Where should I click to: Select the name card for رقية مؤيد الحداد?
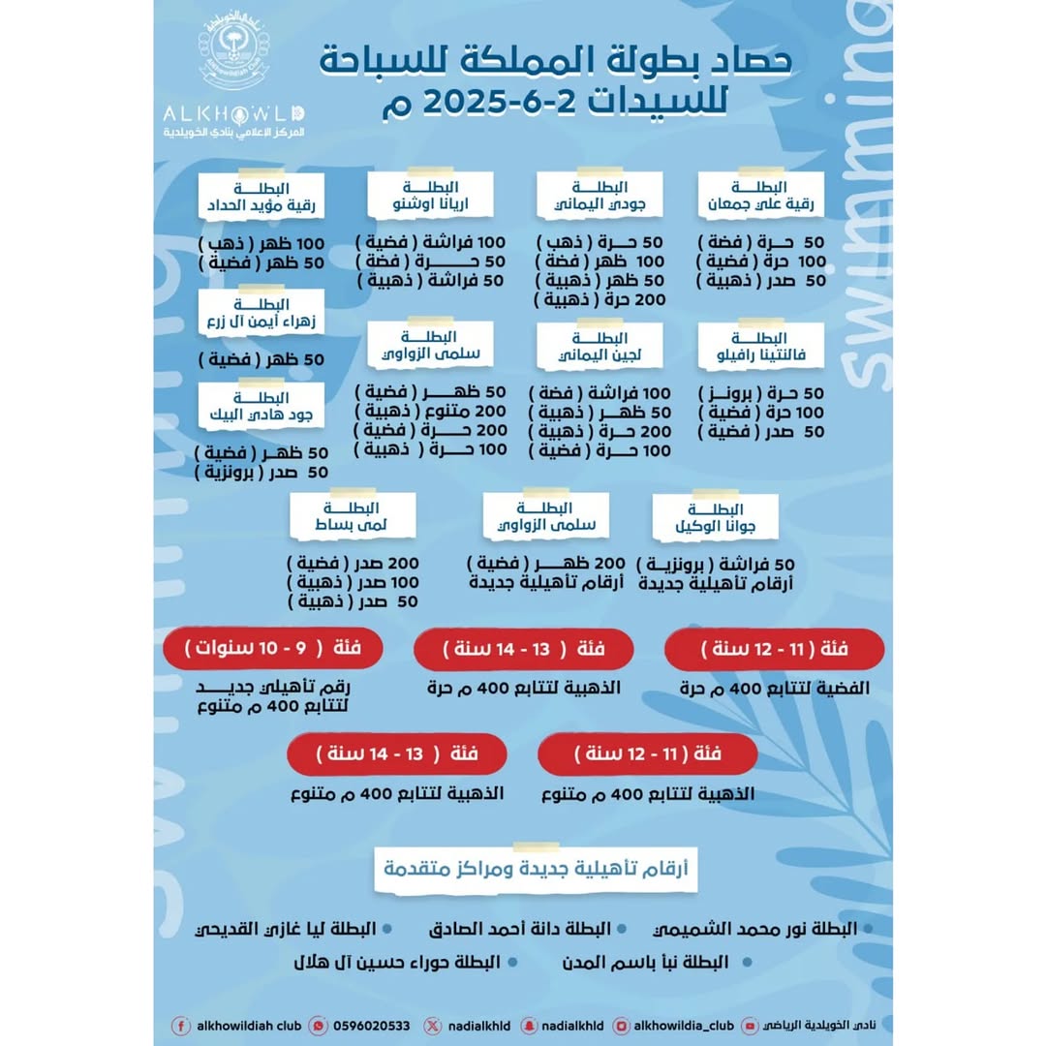262,198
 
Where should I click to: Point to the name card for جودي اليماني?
600,198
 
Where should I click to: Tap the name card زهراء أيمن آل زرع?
262,313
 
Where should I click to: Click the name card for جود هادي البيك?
262,408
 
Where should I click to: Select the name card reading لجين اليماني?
600,350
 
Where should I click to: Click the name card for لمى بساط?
354,517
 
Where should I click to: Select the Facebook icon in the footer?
180,1026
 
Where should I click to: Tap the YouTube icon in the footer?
753,1026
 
